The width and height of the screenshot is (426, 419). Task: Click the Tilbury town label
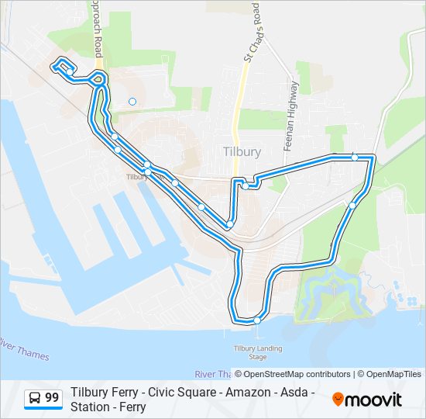(241, 152)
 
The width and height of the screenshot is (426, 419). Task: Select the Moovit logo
(367, 400)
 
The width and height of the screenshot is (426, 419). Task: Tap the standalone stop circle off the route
(132, 101)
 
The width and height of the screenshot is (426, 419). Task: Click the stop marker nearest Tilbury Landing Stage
(257, 320)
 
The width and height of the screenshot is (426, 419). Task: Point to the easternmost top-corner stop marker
(355, 158)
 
